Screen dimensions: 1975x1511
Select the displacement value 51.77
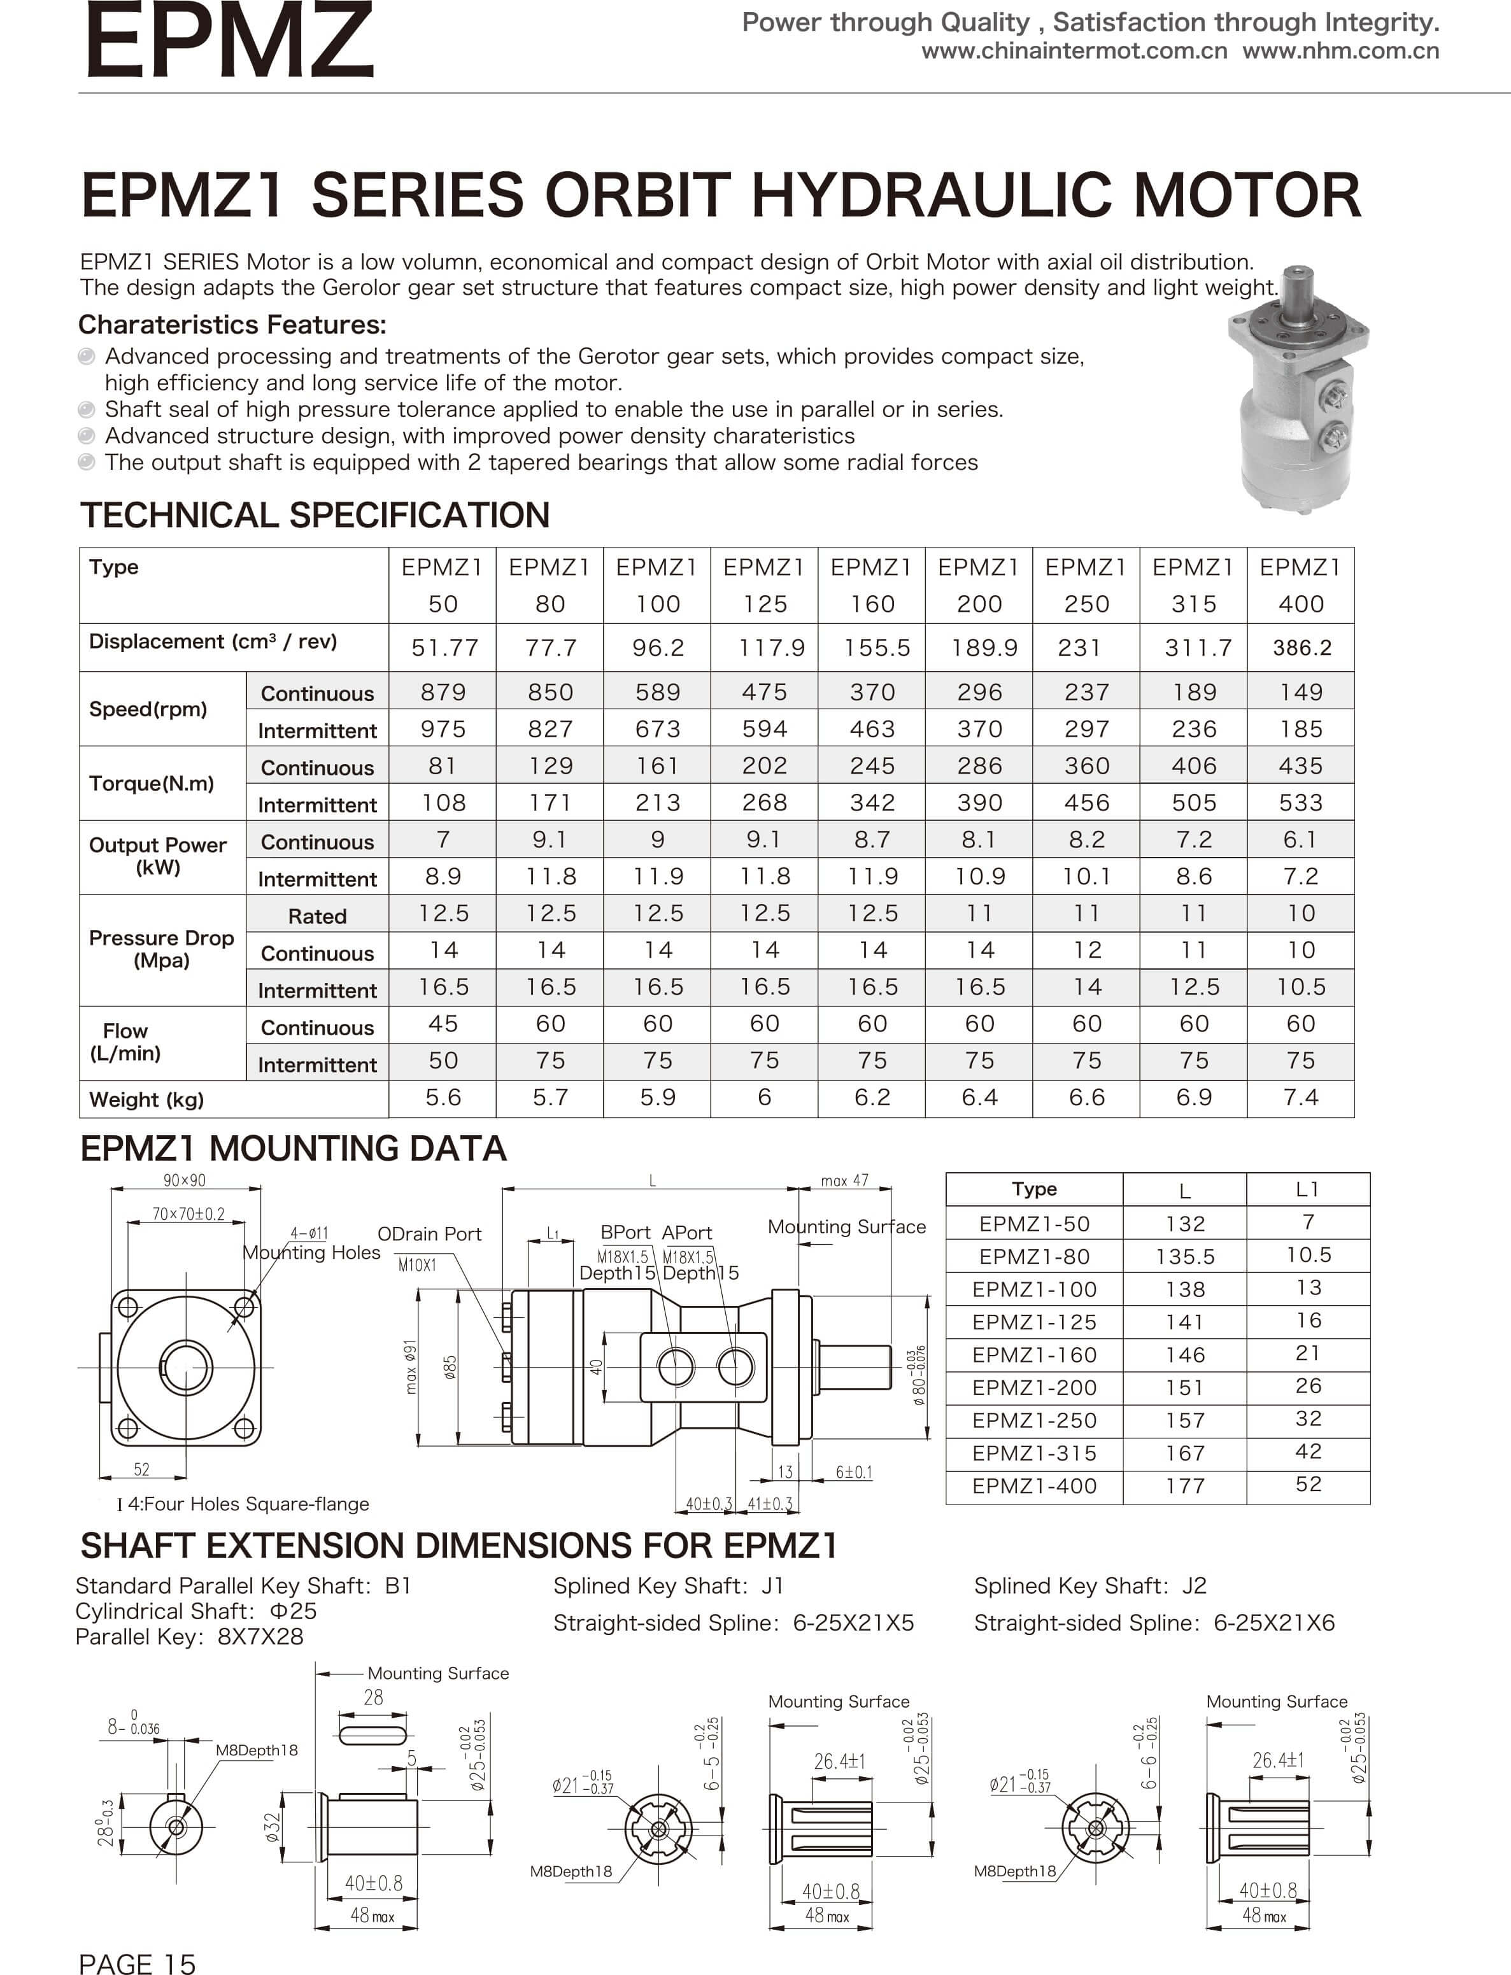click(x=444, y=648)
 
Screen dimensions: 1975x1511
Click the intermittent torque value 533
click(x=1300, y=802)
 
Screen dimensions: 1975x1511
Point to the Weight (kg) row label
click(x=146, y=1099)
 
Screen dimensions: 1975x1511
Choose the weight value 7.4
click(x=1300, y=1097)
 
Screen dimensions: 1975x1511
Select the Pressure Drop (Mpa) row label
click(x=161, y=949)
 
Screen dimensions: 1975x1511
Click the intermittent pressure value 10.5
click(x=1300, y=987)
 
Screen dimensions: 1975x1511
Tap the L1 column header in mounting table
click(x=1308, y=1189)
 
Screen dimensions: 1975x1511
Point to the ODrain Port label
click(x=429, y=1234)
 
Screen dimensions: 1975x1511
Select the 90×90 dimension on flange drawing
click(x=185, y=1180)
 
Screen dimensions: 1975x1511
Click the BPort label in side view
click(x=625, y=1232)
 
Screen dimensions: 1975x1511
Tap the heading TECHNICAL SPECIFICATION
click(x=315, y=515)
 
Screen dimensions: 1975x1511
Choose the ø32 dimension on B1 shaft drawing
click(x=273, y=1827)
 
